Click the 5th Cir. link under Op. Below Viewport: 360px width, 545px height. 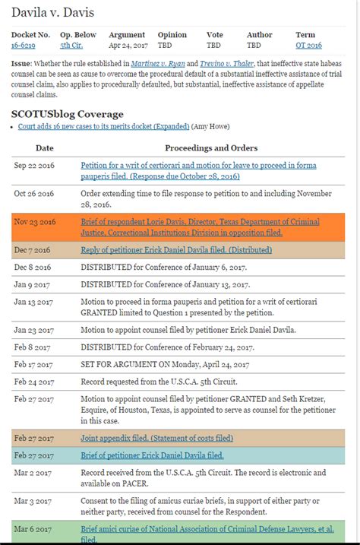pyautogui.click(x=71, y=46)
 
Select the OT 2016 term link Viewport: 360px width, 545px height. pyautogui.click(x=308, y=46)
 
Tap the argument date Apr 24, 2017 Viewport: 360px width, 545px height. pyautogui.click(x=127, y=46)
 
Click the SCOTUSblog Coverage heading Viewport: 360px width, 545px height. pyautogui.click(x=67, y=114)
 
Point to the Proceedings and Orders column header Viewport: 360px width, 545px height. pyautogui.click(x=211, y=147)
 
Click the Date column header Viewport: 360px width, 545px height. pyautogui.click(x=45, y=147)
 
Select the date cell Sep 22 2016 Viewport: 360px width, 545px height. pyautogui.click(x=35, y=165)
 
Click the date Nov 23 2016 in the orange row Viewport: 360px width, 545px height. pyautogui.click(x=35, y=222)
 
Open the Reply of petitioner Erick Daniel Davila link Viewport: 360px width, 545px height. pyautogui.click(x=176, y=249)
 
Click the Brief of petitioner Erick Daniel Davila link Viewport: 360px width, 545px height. pyautogui.click(x=152, y=455)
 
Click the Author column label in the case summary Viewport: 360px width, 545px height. pyautogui.click(x=260, y=35)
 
